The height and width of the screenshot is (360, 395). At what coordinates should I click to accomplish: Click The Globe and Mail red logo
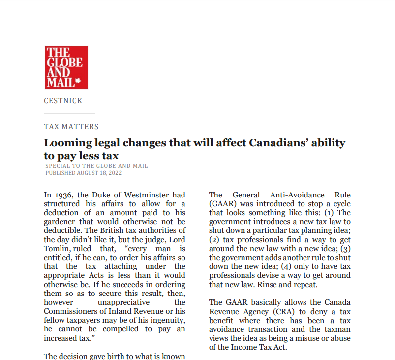66,67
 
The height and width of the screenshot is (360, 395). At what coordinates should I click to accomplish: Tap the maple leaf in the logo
78,82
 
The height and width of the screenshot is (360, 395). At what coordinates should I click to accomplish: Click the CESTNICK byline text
63,101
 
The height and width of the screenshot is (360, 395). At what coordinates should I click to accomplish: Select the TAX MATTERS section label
71,127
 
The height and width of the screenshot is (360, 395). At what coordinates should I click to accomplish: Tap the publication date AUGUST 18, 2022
97,173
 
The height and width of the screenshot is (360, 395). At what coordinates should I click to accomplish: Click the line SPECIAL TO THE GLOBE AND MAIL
96,166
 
